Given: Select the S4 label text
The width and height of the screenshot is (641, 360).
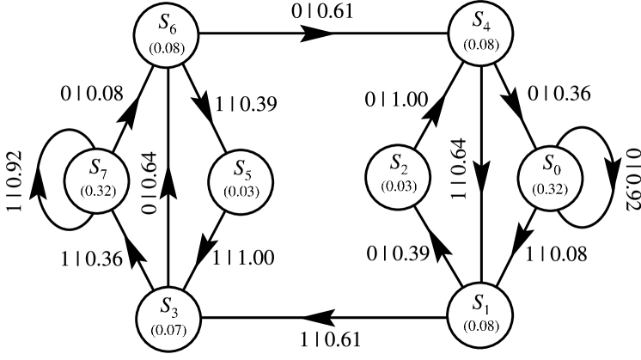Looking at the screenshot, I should (481, 21).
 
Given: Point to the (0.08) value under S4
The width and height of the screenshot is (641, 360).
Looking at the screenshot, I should (481, 46).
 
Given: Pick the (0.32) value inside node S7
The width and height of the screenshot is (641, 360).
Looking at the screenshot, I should (97, 189).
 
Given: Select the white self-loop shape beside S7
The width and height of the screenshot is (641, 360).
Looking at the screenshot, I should (57, 180).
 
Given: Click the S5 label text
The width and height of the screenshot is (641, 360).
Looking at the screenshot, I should (241, 168).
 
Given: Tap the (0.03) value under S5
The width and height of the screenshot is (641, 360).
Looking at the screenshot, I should (241, 191).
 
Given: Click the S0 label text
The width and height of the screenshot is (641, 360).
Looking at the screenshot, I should (551, 164).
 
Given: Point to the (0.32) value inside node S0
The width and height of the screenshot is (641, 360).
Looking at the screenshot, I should (551, 188).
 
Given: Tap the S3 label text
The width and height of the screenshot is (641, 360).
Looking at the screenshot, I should (168, 306).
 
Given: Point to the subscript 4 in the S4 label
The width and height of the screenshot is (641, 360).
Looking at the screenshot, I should (487, 26).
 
